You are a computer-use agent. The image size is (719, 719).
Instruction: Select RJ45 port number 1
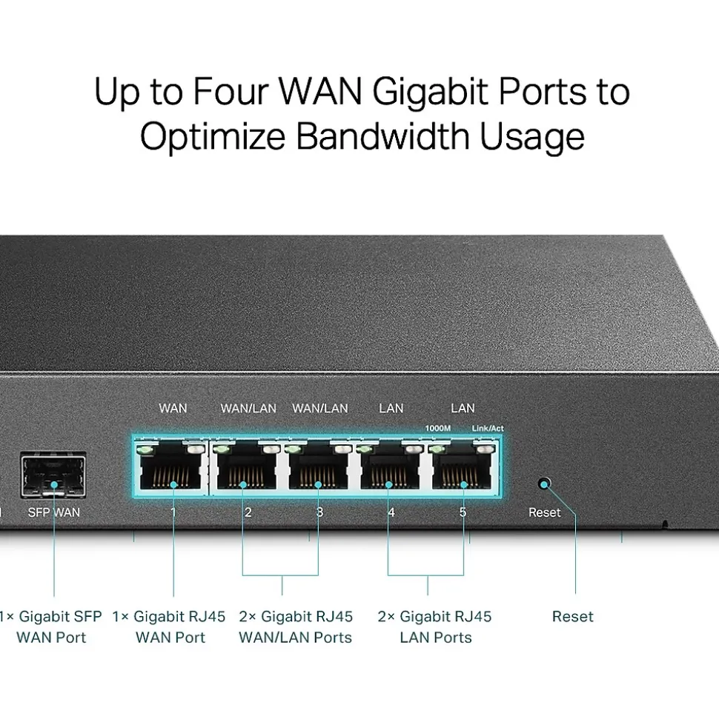[x=173, y=472]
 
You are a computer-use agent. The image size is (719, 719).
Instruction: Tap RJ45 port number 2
[x=245, y=472]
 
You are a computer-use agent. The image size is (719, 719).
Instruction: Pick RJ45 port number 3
[x=318, y=472]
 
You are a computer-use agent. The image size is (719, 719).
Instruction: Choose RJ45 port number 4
[x=390, y=472]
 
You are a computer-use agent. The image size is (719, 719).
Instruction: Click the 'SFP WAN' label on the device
[x=53, y=512]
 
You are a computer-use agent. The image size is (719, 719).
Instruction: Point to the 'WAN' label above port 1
[x=173, y=408]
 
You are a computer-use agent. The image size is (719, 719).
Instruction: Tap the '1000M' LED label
[x=437, y=428]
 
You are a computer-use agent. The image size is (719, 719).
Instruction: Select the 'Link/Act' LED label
[x=487, y=428]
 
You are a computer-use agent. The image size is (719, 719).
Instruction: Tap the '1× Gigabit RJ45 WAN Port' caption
[x=169, y=626]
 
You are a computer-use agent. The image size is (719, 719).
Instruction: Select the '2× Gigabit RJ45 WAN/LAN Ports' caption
[x=295, y=626]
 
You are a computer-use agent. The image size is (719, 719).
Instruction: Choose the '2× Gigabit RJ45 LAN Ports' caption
[x=434, y=626]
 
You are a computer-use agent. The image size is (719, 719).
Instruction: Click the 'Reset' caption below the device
[x=572, y=616]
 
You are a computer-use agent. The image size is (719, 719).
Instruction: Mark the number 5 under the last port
[x=463, y=512]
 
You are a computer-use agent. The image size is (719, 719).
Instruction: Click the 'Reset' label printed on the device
[x=544, y=512]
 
